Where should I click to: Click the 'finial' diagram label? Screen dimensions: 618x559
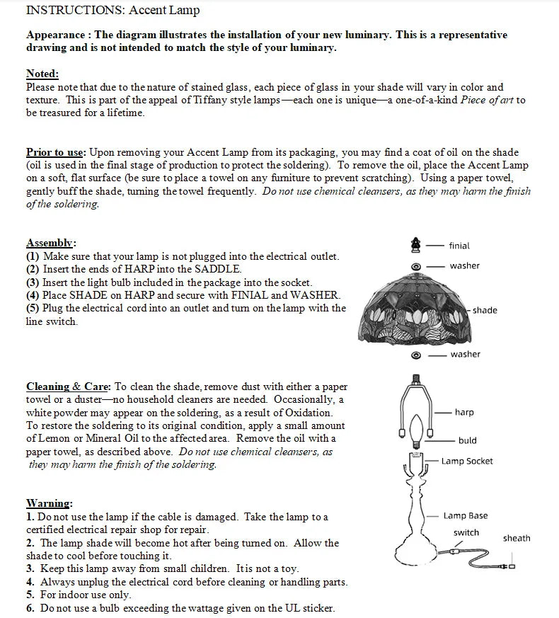tap(459, 246)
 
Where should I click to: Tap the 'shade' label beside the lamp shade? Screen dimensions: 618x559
tap(485, 310)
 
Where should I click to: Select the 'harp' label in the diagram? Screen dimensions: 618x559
tap(464, 412)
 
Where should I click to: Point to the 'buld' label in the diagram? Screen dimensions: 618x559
tap(467, 440)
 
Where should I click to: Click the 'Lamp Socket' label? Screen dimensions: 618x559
tap(467, 461)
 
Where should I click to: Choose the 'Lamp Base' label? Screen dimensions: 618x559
tap(465, 516)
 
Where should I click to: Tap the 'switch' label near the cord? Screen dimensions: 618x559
tap(466, 532)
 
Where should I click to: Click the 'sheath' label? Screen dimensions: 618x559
tap(517, 538)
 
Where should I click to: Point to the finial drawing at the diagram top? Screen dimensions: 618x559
tap(416, 245)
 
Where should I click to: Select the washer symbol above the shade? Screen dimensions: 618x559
tap(416, 266)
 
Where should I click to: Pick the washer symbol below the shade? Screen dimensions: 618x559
tap(416, 354)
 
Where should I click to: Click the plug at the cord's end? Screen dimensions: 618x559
tap(507, 566)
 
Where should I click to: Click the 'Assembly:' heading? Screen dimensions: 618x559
tap(51, 243)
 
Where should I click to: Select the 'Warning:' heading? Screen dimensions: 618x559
tap(49, 503)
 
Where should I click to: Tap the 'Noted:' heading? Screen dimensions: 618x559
tap(42, 74)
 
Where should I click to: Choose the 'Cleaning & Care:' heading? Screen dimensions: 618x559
tap(68, 387)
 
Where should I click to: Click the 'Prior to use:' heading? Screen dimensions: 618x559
tap(56, 152)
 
